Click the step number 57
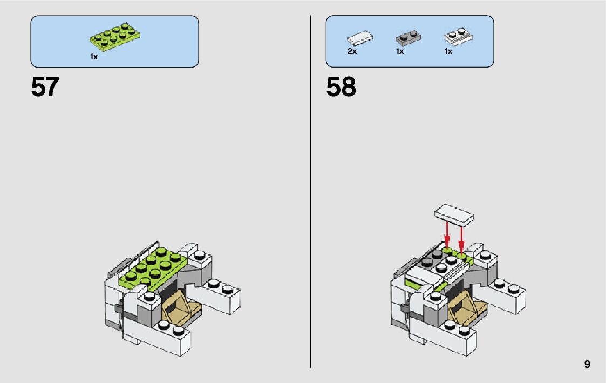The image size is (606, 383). pos(45,87)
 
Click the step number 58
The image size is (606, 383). pos(341,87)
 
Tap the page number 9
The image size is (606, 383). pos(587,365)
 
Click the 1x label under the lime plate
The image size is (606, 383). pos(94,57)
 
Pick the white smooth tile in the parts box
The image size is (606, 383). pos(360,39)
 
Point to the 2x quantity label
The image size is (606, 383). pos(352,51)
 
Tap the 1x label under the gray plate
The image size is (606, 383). pos(400,51)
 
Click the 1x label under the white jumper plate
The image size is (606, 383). pos(448,51)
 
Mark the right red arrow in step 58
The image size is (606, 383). pos(461,238)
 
